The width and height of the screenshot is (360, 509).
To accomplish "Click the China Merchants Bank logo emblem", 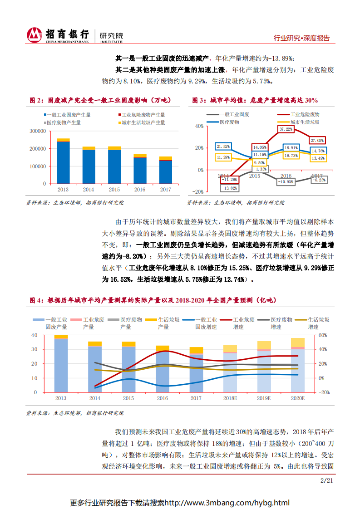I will pyautogui.click(x=34, y=35).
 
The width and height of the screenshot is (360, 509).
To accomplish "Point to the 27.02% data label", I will pyautogui.click(x=317, y=140).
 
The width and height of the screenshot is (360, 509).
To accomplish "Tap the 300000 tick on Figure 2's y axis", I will pyautogui.click(x=38, y=131).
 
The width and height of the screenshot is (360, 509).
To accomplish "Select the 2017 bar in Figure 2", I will pyautogui.click(x=165, y=170).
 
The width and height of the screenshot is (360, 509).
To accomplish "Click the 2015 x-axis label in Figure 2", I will pyautogui.click(x=114, y=190).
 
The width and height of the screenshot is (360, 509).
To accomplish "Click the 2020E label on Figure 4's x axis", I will pyautogui.click(x=297, y=398).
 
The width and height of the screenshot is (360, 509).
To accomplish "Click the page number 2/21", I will pyautogui.click(x=327, y=480).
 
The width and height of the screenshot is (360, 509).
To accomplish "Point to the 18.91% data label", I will pyautogui.click(x=291, y=148).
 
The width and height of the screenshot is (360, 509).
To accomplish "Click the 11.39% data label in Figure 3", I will pyautogui.click(x=223, y=157).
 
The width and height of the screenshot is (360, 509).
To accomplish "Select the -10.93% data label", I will pyautogui.click(x=286, y=181).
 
